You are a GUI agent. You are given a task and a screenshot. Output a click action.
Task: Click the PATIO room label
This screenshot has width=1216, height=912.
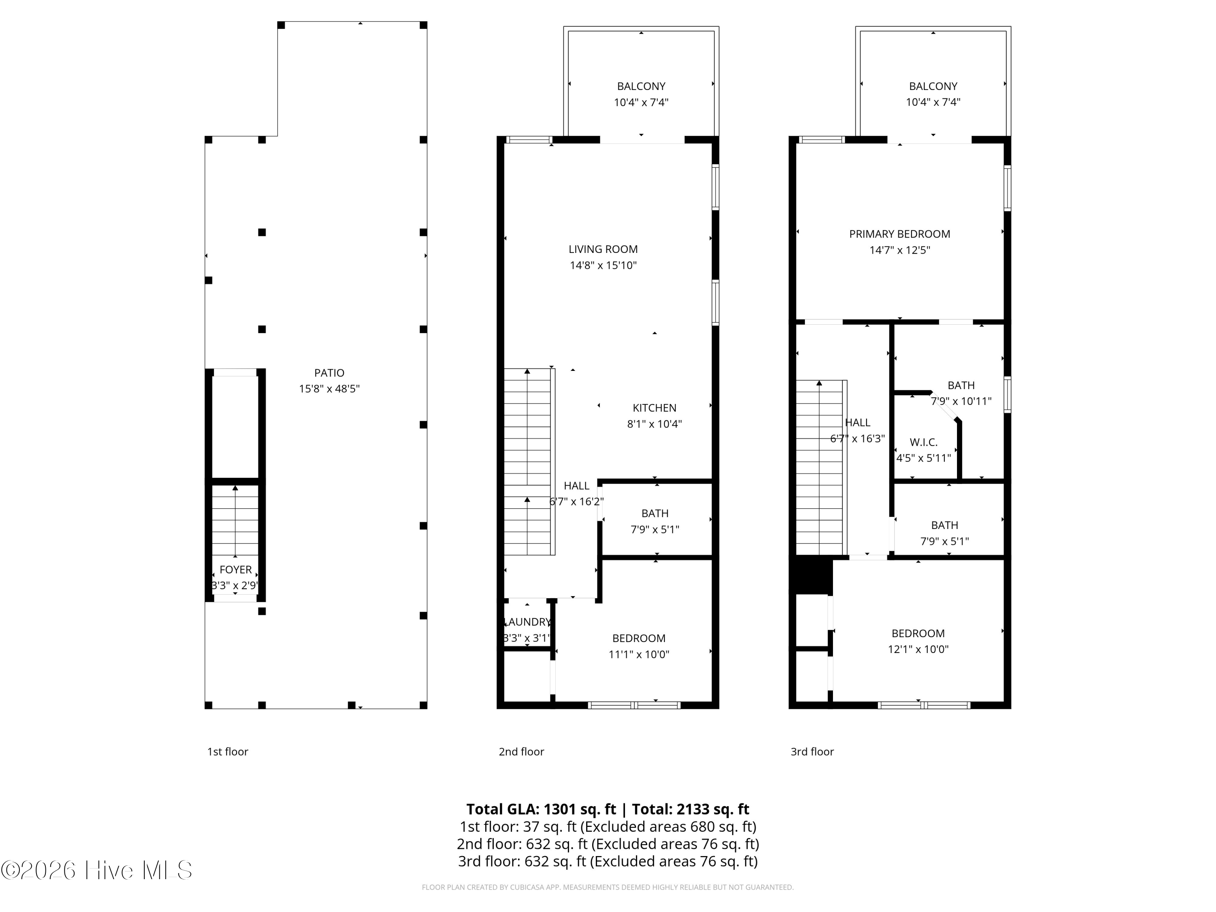(329, 373)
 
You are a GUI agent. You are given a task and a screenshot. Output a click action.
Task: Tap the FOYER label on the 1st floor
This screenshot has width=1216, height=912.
(235, 569)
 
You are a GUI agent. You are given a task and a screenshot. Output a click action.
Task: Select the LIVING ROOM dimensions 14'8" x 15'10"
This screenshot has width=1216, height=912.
(603, 265)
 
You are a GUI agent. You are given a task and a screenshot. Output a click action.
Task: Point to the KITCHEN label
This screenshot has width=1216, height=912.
(654, 408)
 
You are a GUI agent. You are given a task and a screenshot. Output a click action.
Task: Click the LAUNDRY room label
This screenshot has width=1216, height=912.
(527, 622)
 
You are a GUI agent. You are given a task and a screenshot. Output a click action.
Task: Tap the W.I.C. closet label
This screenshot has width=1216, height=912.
(923, 442)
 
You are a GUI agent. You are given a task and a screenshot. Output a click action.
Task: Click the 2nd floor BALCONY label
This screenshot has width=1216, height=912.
(641, 86)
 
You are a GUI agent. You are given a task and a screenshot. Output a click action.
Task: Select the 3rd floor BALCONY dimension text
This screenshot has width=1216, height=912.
(933, 102)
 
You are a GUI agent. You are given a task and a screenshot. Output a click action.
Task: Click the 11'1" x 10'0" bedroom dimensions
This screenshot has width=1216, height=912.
(639, 654)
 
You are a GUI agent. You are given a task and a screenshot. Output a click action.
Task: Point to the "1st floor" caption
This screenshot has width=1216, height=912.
(227, 751)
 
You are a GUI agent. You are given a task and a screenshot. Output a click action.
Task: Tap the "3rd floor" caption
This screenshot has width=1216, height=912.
(812, 751)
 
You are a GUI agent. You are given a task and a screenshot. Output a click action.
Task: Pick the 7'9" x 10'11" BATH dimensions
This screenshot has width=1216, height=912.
(961, 401)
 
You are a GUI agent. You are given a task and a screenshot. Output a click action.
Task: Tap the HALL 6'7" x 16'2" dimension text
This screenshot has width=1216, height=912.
(576, 502)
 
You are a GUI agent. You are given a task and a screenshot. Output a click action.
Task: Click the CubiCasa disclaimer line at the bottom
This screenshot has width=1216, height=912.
(608, 887)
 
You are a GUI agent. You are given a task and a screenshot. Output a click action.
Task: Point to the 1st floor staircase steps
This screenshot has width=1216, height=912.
(235, 522)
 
